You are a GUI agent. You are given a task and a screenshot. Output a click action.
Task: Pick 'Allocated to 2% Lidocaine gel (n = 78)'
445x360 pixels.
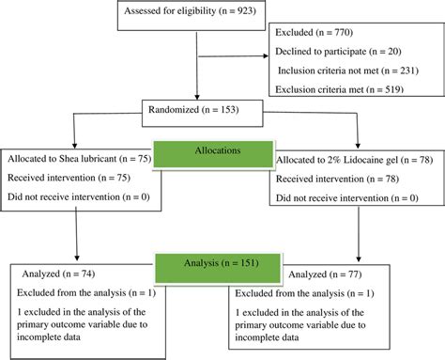coord(350,162)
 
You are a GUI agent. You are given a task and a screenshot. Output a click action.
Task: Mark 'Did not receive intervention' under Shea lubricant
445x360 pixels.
coord(74,196)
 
